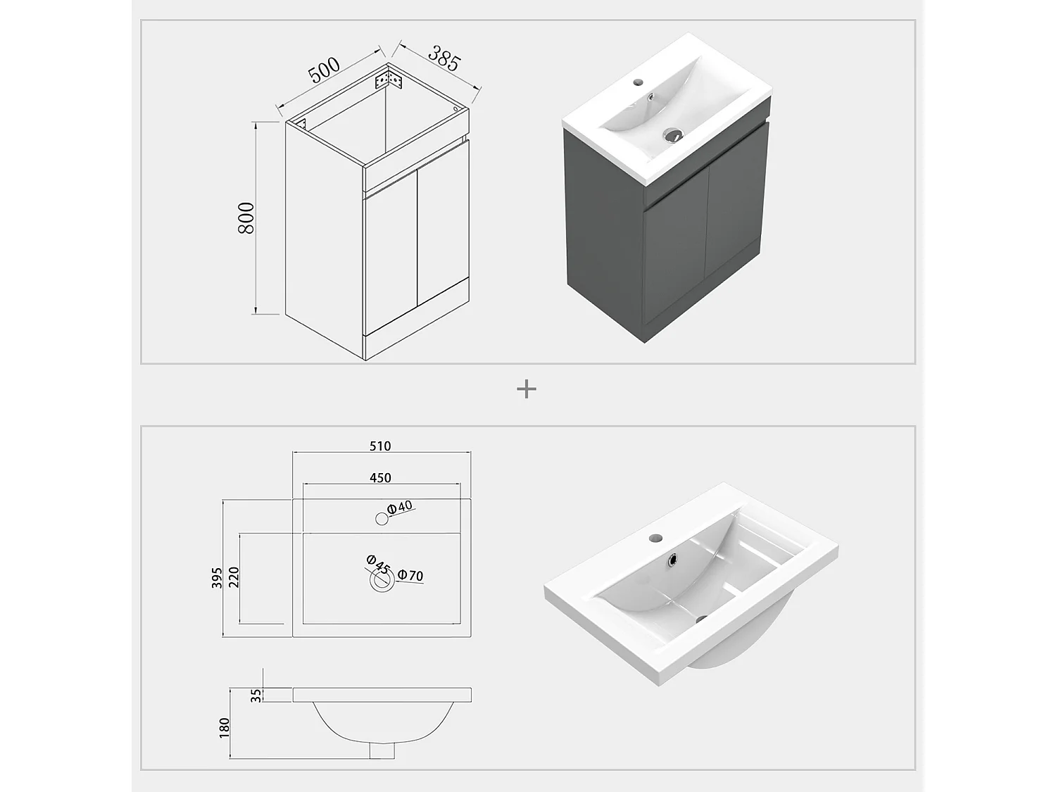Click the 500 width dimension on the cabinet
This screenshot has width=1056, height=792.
click(x=324, y=70)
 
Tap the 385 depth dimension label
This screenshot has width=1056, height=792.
click(x=444, y=58)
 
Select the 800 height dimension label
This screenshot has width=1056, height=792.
click(x=246, y=218)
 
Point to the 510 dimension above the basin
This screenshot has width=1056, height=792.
click(x=380, y=446)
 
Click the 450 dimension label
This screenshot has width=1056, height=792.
click(x=380, y=478)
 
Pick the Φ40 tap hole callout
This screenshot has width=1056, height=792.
click(x=400, y=507)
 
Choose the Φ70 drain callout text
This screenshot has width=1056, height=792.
click(x=410, y=575)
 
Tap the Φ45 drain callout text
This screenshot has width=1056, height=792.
click(x=377, y=564)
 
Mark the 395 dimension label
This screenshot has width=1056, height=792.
click(x=217, y=577)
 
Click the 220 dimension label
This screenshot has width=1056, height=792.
click(x=234, y=577)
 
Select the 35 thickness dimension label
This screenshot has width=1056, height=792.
click(x=256, y=696)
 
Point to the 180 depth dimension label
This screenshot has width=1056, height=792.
click(x=225, y=728)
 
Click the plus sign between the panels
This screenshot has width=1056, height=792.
click(x=527, y=389)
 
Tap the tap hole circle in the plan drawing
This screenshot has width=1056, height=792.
click(x=382, y=519)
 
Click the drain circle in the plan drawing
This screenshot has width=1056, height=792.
click(x=382, y=580)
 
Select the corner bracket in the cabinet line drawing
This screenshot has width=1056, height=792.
click(x=388, y=80)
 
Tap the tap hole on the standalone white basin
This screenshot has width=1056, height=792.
click(x=655, y=537)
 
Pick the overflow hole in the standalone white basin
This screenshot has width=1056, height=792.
click(x=672, y=560)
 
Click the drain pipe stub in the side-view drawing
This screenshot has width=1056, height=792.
click(x=382, y=750)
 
